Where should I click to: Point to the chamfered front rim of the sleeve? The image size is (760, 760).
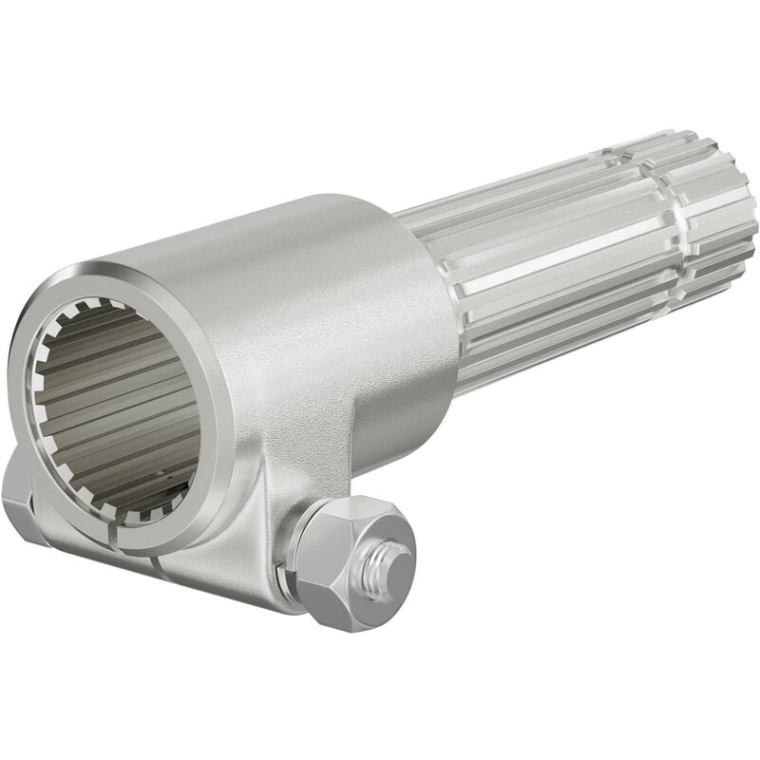[57, 313]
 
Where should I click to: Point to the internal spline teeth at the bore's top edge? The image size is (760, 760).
[104, 309]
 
